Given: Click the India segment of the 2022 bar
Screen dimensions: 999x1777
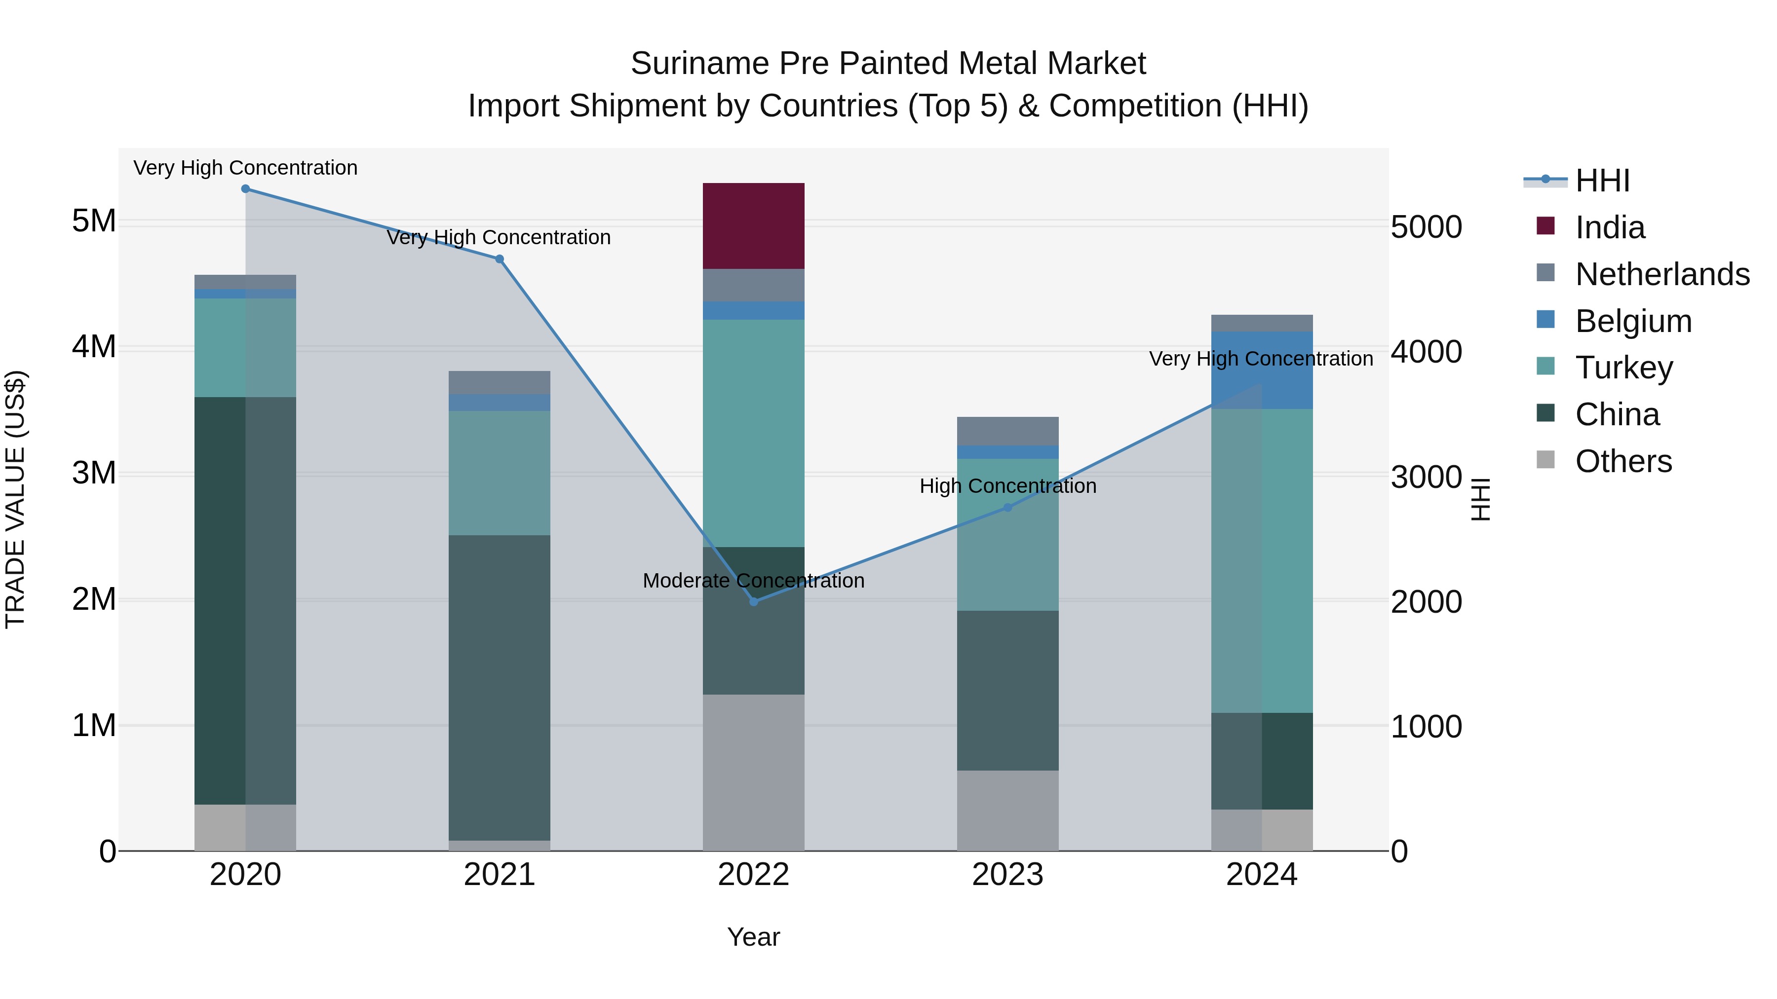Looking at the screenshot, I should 753,225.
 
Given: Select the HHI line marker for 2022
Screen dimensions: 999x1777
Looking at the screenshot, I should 753,602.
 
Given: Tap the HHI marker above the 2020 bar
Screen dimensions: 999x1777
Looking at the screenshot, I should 246,189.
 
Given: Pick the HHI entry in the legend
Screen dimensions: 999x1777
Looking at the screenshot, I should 1602,181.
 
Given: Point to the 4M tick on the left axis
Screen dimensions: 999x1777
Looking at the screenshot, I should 94,347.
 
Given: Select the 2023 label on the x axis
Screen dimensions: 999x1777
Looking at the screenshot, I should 1007,875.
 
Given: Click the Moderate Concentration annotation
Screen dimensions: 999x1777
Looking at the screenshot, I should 753,581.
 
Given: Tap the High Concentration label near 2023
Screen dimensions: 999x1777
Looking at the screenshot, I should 1007,486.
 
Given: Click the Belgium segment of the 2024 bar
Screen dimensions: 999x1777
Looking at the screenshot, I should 1262,370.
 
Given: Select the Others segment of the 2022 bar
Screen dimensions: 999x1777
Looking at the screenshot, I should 753,772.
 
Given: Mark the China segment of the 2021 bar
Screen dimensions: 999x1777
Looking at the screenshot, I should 500,687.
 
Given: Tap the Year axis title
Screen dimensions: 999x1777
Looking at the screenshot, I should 753,937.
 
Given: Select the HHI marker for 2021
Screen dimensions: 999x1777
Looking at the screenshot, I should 500,259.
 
